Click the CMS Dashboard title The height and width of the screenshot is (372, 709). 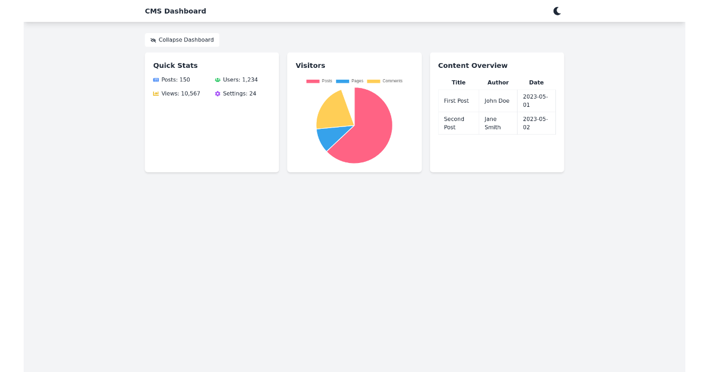(175, 11)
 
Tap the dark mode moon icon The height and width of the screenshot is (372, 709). (557, 11)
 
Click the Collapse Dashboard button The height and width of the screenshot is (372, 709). (182, 40)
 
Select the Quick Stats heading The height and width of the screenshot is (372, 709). (175, 66)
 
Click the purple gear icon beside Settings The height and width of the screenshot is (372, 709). (217, 94)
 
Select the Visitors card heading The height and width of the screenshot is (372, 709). (310, 66)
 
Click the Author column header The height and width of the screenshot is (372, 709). (498, 83)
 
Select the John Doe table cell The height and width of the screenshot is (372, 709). (497, 101)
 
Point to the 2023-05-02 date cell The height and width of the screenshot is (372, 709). (535, 123)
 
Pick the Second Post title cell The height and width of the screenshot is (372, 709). (454, 123)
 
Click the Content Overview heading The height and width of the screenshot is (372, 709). (473, 66)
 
